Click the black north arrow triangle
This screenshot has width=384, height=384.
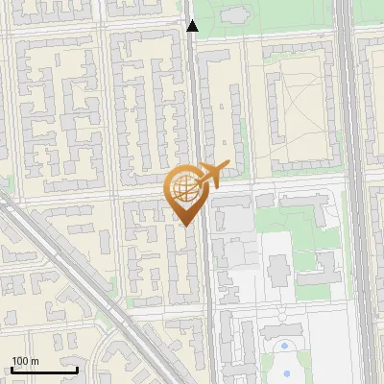click(192, 26)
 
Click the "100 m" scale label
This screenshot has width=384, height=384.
click(25, 361)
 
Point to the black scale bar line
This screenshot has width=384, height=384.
click(44, 370)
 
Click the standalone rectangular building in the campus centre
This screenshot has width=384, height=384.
click(279, 271)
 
